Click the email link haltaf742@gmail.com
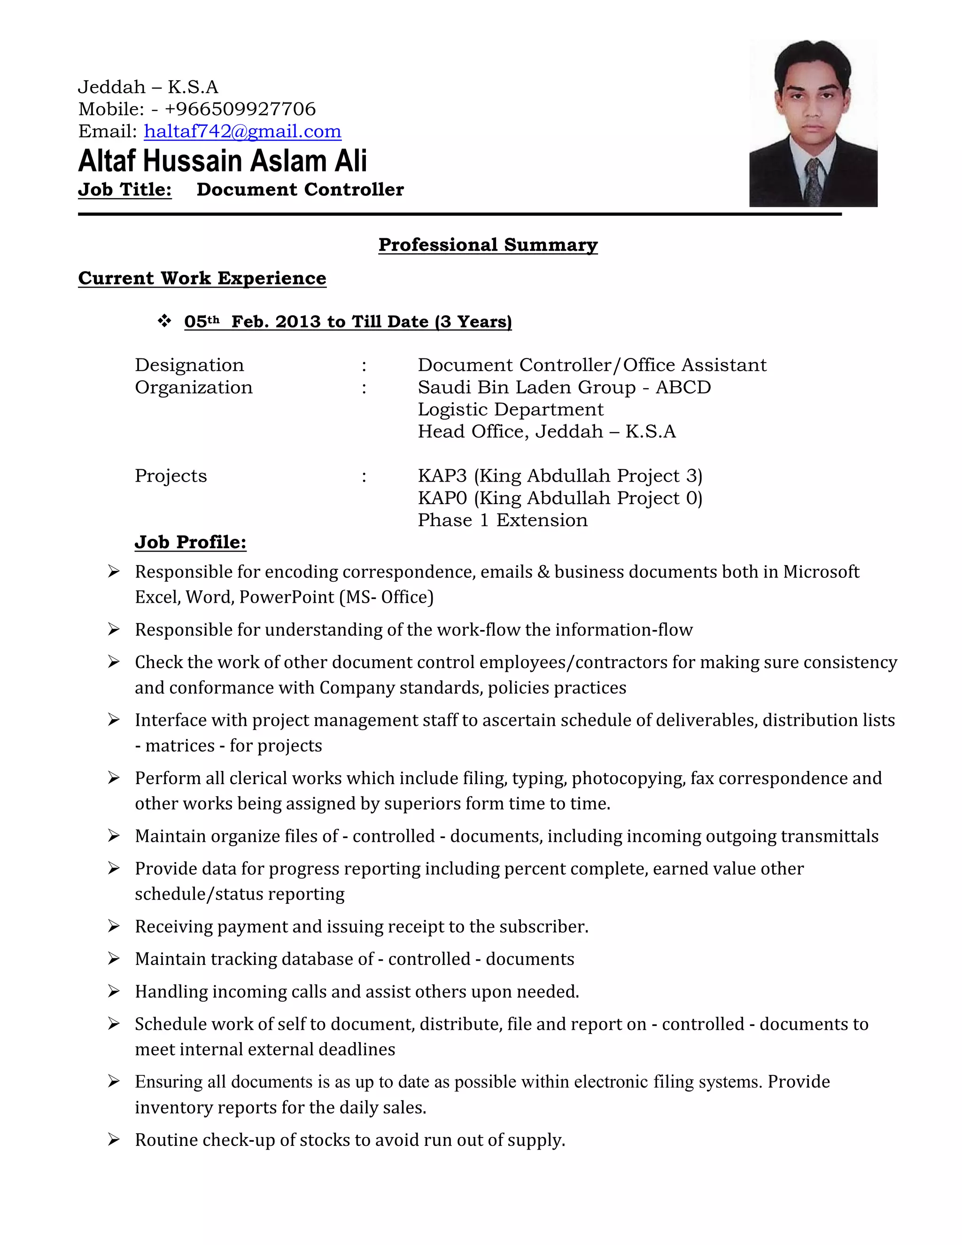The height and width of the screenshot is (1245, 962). coord(242,132)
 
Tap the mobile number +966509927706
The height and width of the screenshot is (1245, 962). coord(240,109)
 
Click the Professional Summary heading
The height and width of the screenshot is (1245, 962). coord(488,245)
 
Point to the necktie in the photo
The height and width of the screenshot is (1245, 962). coord(813,181)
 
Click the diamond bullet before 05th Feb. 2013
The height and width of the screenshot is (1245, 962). coord(164,321)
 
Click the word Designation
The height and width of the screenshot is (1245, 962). coord(189,365)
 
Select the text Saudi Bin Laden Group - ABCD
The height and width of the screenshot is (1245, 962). coord(564,387)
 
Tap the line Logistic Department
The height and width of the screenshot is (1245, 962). coord(510,409)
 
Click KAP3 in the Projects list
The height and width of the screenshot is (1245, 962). coord(442,475)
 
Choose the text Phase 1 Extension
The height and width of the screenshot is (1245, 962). coord(502,520)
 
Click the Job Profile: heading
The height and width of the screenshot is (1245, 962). coord(190,542)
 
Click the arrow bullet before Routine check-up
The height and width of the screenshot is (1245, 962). coord(113,1140)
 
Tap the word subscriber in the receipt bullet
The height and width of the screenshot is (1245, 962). coord(542,926)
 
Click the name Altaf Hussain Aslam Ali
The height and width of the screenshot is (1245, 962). coord(222,161)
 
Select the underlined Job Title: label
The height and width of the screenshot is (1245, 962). coord(125,189)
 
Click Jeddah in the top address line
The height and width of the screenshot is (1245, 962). coord(112,87)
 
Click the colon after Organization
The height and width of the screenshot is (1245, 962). coord(364,388)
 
